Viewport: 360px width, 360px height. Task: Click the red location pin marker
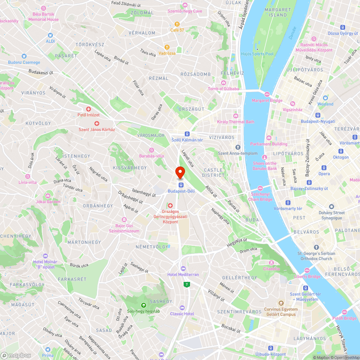(180, 172)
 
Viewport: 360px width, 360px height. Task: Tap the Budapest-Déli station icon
(181, 185)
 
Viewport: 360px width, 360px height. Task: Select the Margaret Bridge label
(267, 100)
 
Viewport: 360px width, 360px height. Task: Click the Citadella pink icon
(271, 262)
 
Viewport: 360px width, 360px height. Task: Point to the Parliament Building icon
(269, 138)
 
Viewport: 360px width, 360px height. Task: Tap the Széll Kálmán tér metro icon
(187, 134)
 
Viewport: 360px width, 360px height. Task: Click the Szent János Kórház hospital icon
(97, 123)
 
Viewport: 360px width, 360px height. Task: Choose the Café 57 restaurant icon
(177, 24)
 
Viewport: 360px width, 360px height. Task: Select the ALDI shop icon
(50, 35)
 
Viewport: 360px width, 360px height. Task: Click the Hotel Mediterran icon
(183, 269)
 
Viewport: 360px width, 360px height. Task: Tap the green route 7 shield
(186, 284)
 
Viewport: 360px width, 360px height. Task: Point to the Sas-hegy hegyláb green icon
(143, 305)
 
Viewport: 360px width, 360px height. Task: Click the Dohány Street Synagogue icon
(331, 207)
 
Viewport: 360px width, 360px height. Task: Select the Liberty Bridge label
(307, 276)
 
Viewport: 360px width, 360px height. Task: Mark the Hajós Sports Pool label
(257, 54)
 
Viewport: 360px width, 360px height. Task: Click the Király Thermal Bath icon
(235, 116)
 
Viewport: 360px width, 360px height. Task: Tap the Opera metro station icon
(324, 167)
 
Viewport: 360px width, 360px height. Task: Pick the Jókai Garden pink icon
(48, 195)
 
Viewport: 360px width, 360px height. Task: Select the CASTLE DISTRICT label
(213, 172)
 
